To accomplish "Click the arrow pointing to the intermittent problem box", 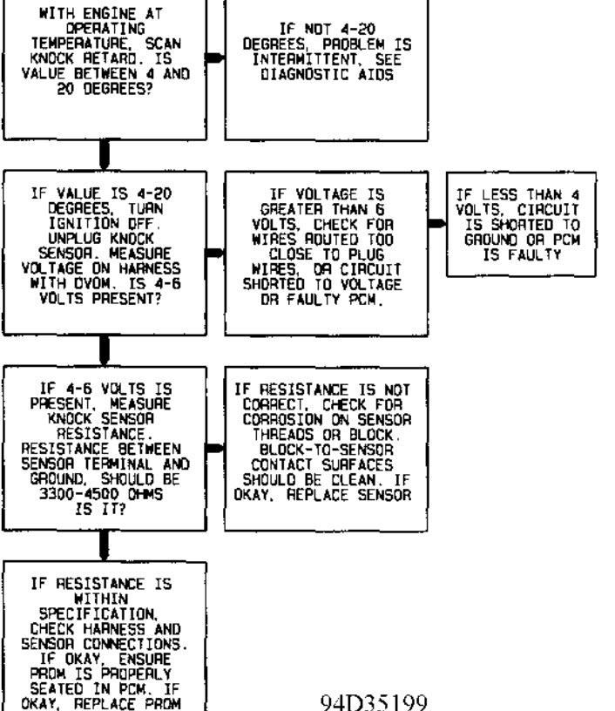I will pyautogui.click(x=215, y=57).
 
